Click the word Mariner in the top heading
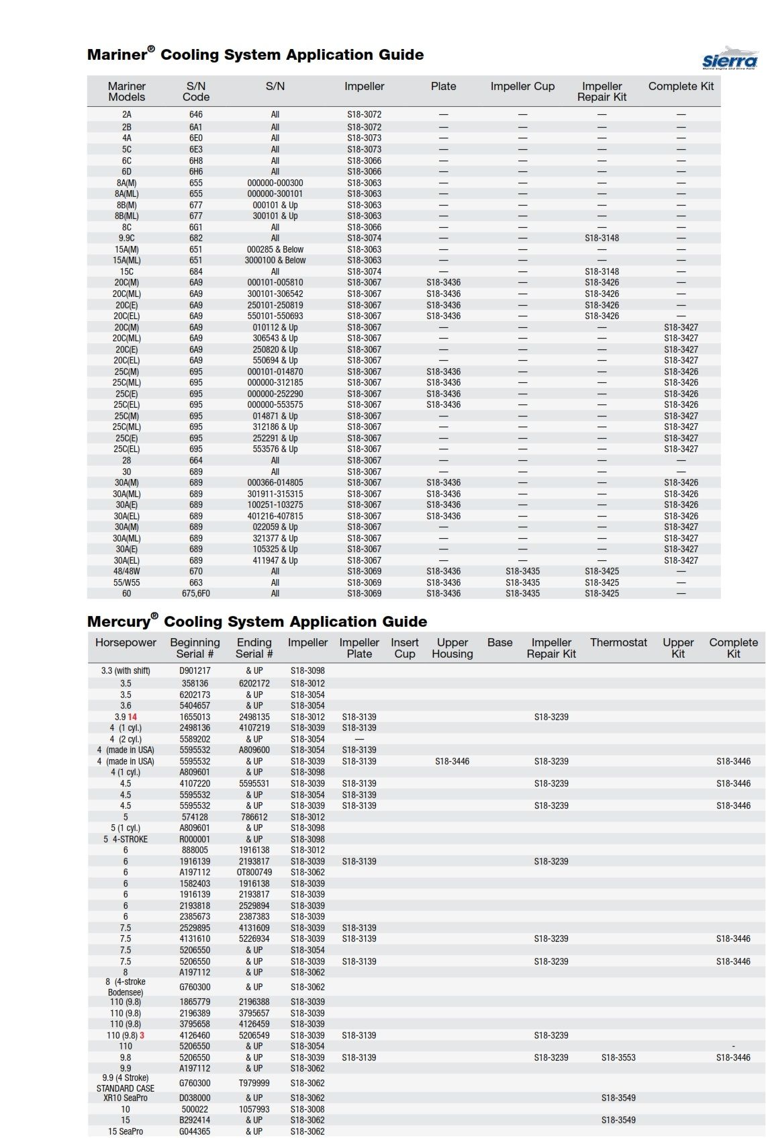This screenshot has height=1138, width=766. (x=117, y=55)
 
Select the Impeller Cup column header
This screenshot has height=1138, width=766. (x=522, y=87)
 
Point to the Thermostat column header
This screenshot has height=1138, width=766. (x=618, y=643)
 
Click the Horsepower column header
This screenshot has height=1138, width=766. (x=126, y=643)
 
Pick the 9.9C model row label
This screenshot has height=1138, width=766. (x=126, y=238)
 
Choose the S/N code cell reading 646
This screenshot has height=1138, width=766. (x=195, y=115)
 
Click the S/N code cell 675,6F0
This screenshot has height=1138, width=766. (x=195, y=594)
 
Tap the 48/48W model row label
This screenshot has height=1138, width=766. (x=126, y=572)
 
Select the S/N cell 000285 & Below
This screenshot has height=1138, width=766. (x=275, y=249)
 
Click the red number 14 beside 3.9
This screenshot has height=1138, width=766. (x=132, y=717)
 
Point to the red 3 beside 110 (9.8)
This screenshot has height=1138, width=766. (x=142, y=1036)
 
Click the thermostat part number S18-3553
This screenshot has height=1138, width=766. (x=618, y=1058)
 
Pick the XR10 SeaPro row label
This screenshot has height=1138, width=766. (x=126, y=1098)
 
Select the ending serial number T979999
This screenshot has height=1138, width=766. (x=254, y=1084)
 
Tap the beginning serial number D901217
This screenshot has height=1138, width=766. (x=195, y=671)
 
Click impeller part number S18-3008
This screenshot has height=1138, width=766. (x=307, y=1110)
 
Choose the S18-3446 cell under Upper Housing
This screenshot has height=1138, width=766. (x=452, y=762)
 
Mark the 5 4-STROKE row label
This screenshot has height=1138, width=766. (x=126, y=840)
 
